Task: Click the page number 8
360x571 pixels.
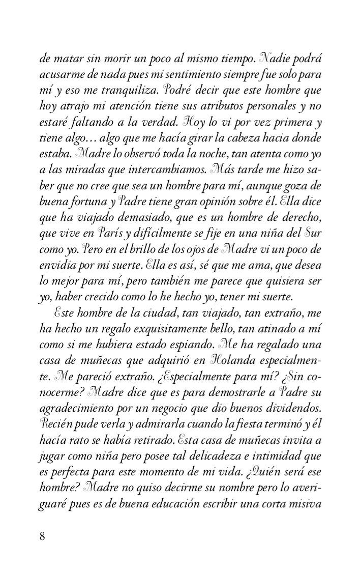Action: click(x=43, y=536)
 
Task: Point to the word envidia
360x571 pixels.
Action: click(x=59, y=265)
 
